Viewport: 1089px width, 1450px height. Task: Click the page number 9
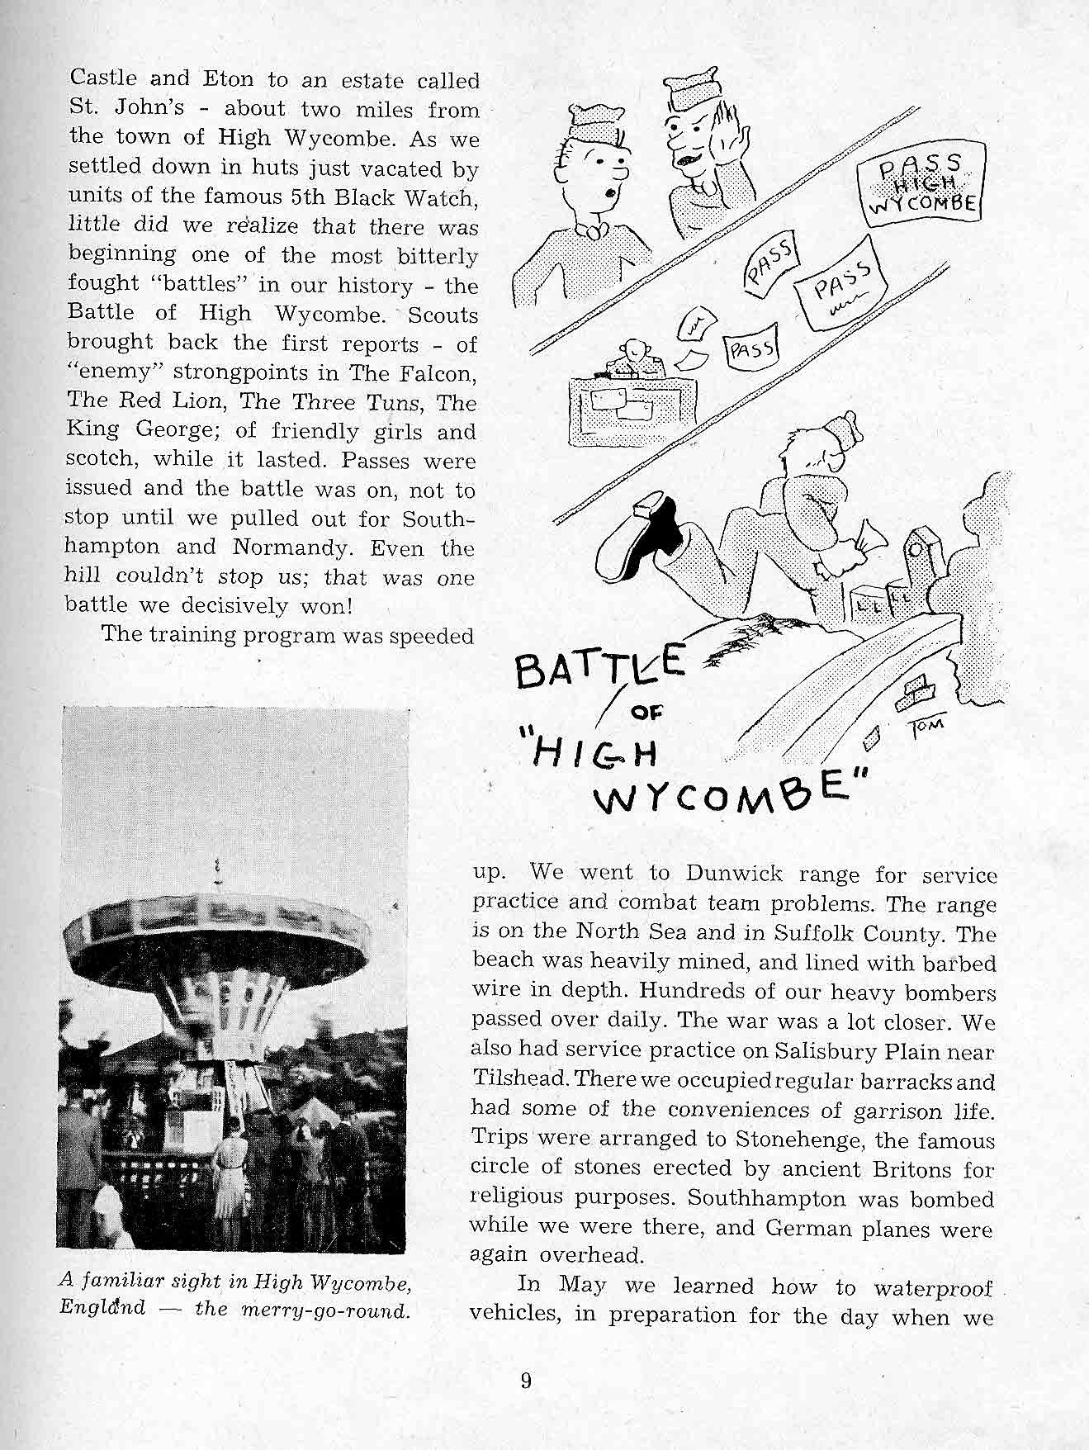tap(526, 1381)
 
